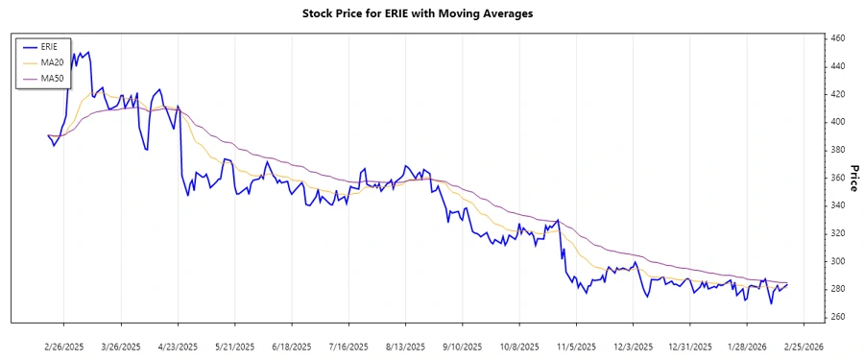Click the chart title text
(431, 14)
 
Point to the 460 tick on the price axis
(837, 38)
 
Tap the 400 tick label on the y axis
(837, 122)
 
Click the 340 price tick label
(837, 205)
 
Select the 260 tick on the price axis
(837, 317)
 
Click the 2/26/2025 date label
(64, 345)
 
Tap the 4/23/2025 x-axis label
(178, 345)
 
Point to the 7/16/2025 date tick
(348, 345)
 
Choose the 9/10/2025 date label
(461, 345)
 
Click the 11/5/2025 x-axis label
(574, 345)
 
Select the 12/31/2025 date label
(687, 345)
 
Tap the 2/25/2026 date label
(801, 345)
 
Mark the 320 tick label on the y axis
(837, 233)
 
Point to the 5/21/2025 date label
(234, 345)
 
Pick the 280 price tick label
(837, 289)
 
